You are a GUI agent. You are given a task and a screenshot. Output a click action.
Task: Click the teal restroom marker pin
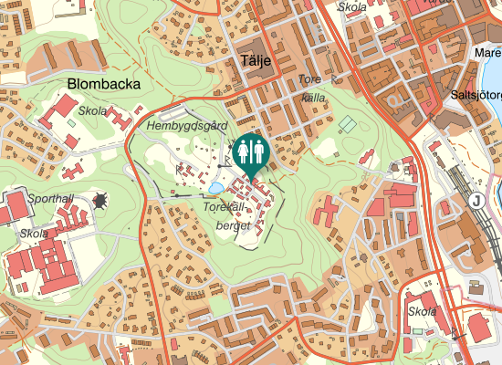pos(250,154)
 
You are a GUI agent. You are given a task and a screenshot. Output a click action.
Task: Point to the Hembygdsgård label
pos(185,125)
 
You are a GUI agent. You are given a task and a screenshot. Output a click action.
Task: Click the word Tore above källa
pos(311,80)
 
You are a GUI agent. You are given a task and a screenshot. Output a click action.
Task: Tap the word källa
pos(313,97)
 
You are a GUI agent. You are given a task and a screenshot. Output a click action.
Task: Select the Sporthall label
pos(49,197)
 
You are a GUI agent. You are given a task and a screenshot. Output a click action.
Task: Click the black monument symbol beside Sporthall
pos(99,199)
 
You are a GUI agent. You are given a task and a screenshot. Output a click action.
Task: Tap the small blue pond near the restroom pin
pos(215,188)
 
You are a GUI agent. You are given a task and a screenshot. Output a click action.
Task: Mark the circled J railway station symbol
pos(475,200)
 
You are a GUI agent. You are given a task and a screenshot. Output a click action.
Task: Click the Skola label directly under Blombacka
pos(92,111)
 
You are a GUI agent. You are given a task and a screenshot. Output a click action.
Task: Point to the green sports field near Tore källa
pos(347,122)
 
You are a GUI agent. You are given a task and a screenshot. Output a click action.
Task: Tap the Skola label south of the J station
pos(423,311)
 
